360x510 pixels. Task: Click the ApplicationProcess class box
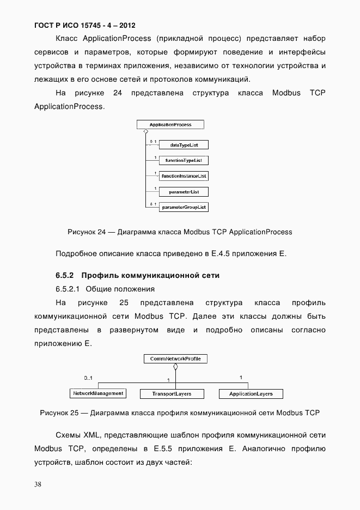coord(170,125)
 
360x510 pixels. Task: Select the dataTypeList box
coord(183,145)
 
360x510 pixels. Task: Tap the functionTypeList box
coord(183,161)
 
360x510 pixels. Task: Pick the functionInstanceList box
coord(183,176)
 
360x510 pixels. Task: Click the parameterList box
coord(183,192)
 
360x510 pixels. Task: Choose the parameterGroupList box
coord(183,207)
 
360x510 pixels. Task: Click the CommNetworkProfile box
coord(175,359)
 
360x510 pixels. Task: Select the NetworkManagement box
coord(98,393)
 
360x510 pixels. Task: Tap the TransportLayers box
coord(165,393)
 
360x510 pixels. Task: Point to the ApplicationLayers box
coord(251,393)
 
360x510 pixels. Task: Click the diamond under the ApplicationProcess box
coord(145,132)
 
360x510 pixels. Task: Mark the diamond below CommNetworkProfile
coord(175,367)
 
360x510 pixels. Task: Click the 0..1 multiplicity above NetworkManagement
coord(88,378)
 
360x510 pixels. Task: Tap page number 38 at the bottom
coord(38,484)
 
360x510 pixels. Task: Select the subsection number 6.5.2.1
coord(68,289)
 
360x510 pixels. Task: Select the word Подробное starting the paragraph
coord(75,254)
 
